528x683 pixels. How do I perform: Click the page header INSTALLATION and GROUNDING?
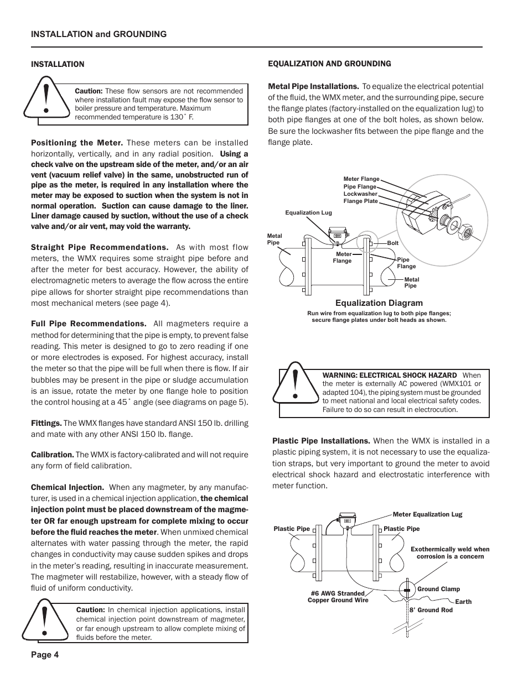(99, 34)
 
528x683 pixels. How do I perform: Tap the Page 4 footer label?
(45, 655)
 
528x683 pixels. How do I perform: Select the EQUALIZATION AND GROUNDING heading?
(329, 64)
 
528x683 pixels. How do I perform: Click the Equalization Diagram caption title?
(379, 303)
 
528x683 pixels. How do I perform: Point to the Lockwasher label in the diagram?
(360, 194)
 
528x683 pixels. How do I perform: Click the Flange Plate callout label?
(360, 201)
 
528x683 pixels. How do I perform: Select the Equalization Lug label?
(308, 212)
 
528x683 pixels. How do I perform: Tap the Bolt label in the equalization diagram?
(392, 243)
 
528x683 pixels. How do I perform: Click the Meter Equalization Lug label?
(427, 514)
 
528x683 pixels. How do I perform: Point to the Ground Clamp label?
(438, 589)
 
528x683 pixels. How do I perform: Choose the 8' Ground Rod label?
(431, 610)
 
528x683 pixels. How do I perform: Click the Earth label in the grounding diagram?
(463, 602)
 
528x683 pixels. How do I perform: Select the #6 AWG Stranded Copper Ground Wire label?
(338, 597)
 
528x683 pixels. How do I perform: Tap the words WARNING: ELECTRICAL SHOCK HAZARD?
(389, 376)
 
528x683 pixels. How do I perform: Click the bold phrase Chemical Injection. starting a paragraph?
(68, 487)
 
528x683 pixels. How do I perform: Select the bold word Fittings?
(46, 423)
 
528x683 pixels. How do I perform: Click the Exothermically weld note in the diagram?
(450, 552)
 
